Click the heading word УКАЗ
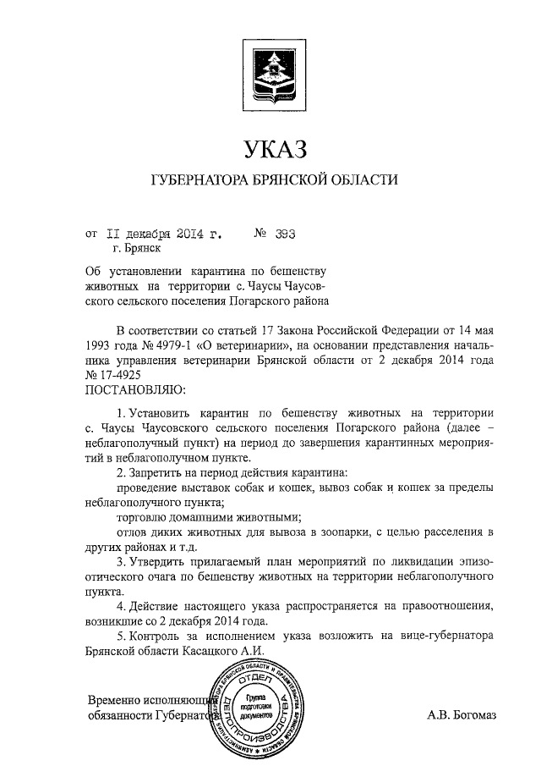coord(272,150)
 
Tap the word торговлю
coord(142,517)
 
